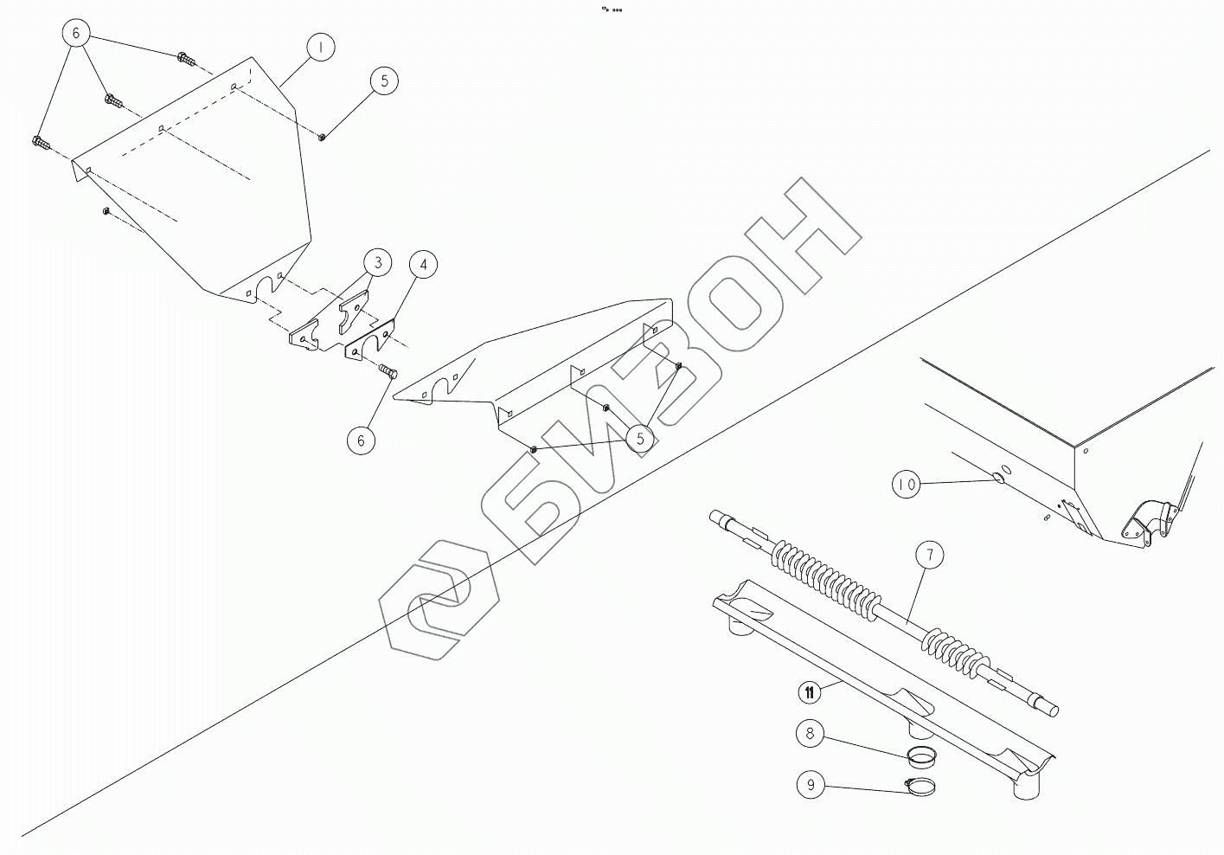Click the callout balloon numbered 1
(x=321, y=48)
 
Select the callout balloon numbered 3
(x=377, y=262)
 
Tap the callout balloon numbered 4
(x=423, y=265)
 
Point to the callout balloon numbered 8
(x=810, y=735)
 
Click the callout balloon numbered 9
(x=811, y=786)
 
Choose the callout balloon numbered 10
(x=906, y=485)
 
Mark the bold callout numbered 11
(x=809, y=691)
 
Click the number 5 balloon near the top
(x=384, y=80)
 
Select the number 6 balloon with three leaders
(x=76, y=33)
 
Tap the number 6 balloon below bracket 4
(x=361, y=440)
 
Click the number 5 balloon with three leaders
(x=640, y=439)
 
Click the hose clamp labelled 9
(x=920, y=787)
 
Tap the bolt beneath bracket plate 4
(x=388, y=371)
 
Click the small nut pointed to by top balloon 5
(x=322, y=136)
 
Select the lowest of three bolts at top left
(x=40, y=142)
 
